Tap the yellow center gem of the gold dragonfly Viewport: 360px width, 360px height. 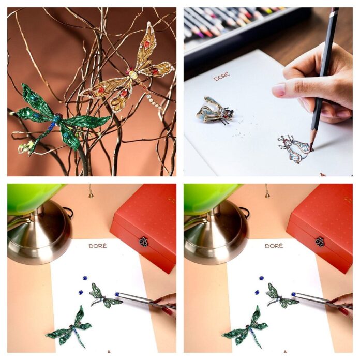[133, 74]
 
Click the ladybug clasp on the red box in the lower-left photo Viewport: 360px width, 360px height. [143, 242]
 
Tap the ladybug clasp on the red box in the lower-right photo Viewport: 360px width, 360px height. [320, 242]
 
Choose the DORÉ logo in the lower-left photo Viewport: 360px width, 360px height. [98, 246]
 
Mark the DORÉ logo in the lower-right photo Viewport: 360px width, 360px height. [274, 246]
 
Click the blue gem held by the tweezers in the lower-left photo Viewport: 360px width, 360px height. [117, 294]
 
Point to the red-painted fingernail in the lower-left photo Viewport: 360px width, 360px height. [167, 311]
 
